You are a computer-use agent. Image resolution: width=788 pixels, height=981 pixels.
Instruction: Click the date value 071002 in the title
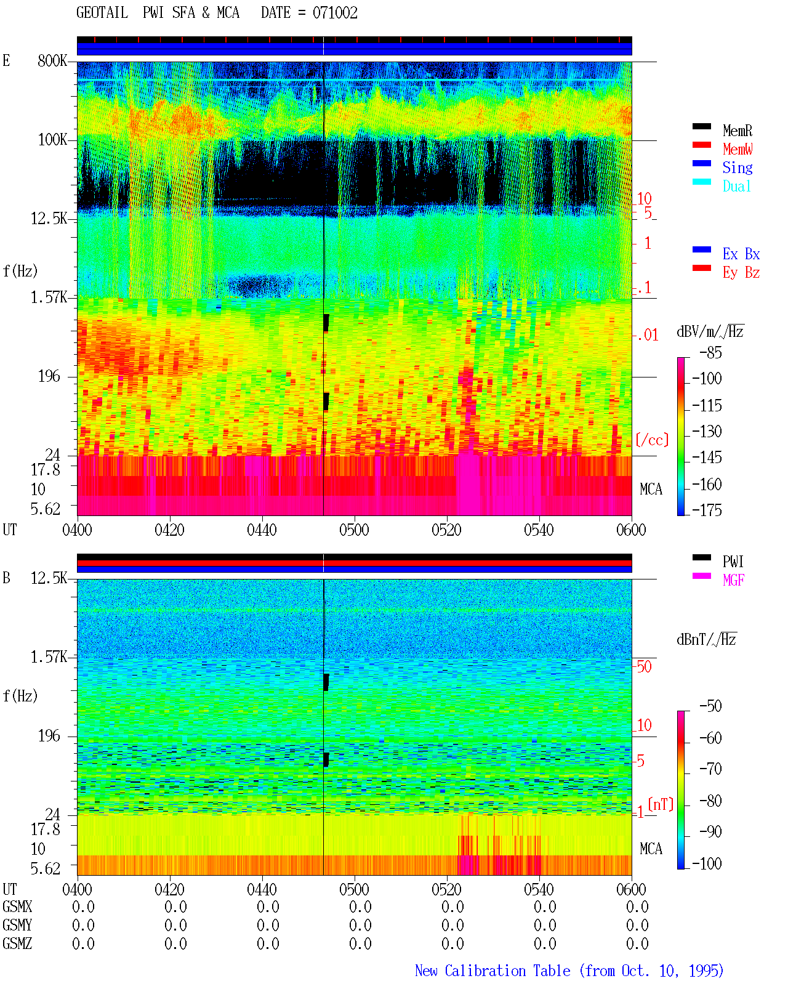[335, 13]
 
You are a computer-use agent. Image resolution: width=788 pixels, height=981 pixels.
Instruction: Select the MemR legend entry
[738, 131]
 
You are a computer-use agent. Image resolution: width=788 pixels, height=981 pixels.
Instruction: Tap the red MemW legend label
[738, 149]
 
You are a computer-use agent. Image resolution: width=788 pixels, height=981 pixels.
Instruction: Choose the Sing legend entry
[738, 168]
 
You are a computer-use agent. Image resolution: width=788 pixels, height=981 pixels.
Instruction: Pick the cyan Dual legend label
[736, 186]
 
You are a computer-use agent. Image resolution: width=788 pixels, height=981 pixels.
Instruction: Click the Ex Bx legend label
[741, 254]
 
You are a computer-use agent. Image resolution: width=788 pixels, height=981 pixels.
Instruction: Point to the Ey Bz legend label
[741, 273]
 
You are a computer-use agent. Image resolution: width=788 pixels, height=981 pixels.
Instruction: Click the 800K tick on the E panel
[52, 60]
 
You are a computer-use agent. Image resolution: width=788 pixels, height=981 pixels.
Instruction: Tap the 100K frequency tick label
[52, 140]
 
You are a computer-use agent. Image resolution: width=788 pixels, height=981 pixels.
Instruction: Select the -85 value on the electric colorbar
[711, 353]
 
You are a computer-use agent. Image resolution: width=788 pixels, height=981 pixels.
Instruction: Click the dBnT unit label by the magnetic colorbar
[706, 640]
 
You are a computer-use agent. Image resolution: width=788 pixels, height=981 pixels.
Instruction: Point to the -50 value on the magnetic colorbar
[711, 706]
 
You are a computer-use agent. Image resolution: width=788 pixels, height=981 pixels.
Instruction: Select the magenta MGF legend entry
[734, 580]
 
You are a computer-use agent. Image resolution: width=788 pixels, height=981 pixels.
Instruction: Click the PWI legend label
[733, 562]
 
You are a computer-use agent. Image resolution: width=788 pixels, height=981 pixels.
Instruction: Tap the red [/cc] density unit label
[652, 440]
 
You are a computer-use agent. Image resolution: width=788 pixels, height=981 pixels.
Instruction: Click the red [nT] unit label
[661, 804]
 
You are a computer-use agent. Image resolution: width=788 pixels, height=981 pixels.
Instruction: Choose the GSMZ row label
[17, 943]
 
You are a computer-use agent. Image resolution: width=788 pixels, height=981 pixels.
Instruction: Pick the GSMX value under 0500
[360, 906]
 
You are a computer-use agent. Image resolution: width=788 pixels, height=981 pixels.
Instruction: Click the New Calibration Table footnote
[569, 971]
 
